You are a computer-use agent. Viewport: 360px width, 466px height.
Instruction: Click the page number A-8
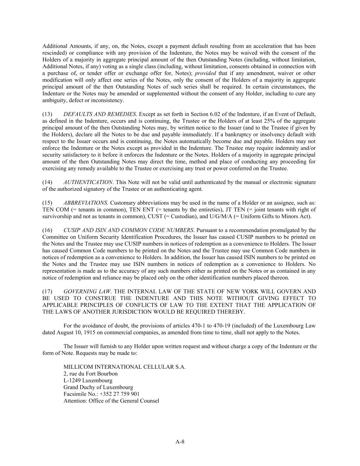tap(180, 442)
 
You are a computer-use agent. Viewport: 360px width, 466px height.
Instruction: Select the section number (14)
tap(47, 182)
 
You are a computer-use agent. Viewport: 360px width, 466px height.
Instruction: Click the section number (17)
tap(47, 292)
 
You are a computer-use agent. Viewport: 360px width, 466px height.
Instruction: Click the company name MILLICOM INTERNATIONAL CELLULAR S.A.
tap(125, 367)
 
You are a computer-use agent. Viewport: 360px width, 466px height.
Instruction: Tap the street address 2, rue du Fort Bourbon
tap(90, 374)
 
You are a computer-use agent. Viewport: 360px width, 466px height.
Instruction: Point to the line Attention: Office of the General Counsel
tap(111, 401)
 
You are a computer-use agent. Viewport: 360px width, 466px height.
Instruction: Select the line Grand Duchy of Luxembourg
tap(98, 387)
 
